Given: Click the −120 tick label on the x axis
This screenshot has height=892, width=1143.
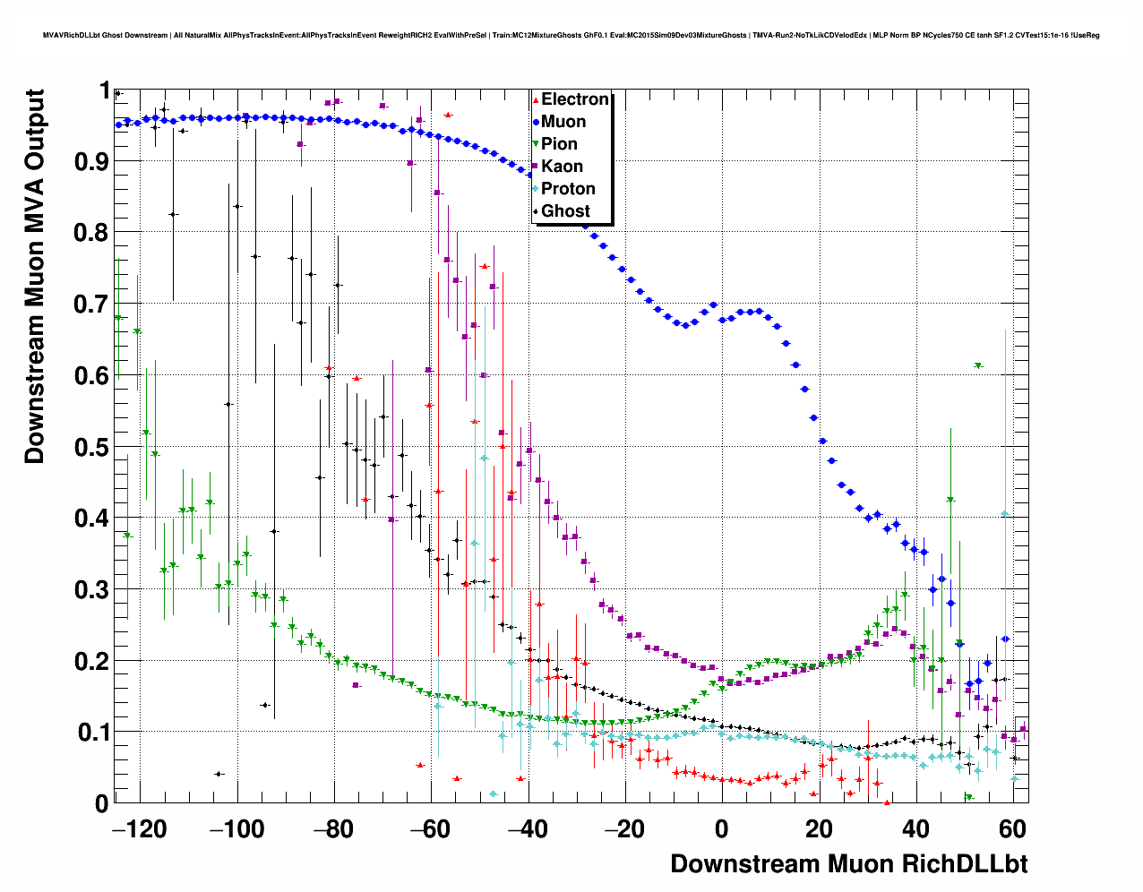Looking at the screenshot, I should [x=140, y=830].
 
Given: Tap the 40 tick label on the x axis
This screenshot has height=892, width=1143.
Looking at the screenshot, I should [x=915, y=830].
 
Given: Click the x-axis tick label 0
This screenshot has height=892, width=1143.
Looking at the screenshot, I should [x=722, y=830].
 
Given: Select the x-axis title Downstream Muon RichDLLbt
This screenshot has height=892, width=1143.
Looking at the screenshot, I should [x=848, y=864].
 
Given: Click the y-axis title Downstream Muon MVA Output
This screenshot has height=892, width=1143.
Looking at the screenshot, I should [x=35, y=276].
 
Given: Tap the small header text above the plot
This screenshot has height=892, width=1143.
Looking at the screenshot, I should [x=571, y=36].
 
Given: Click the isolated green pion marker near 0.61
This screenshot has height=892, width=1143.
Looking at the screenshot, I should [x=978, y=365].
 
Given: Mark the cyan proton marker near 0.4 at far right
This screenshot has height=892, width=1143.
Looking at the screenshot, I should [x=1005, y=514].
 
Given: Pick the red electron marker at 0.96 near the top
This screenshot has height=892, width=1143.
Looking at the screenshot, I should [x=448, y=115].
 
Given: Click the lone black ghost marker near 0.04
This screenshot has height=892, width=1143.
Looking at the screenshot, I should [x=219, y=774].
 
